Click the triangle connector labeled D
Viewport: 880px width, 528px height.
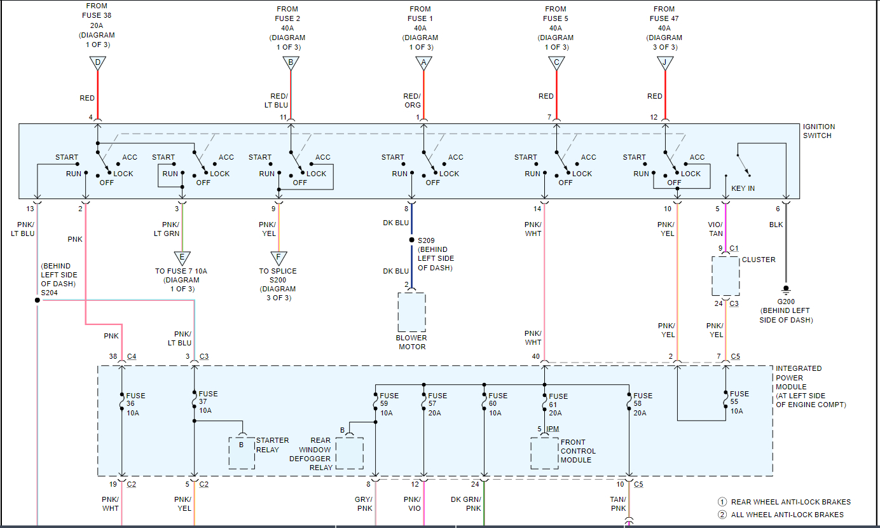pos(97,63)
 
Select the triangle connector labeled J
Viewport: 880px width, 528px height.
pos(665,63)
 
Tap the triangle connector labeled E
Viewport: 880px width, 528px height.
pos(182,258)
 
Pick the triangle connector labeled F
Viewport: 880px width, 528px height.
pos(278,258)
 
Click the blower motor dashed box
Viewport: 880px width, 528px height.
pos(411,312)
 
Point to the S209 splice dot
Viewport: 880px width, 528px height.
pos(411,240)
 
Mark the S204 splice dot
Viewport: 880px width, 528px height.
pos(38,300)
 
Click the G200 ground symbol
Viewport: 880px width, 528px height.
pos(786,289)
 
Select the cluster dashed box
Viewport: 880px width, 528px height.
pos(725,276)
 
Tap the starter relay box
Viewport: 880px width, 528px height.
pos(242,452)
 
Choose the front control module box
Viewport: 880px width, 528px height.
pos(544,452)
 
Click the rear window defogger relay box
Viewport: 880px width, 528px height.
pos(349,452)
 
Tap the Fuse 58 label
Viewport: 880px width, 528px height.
pos(643,400)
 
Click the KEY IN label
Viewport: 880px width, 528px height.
pos(743,188)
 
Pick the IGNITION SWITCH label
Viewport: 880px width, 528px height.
pos(819,131)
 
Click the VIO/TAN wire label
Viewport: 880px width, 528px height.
pos(715,229)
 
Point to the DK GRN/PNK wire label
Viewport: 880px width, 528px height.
pos(466,504)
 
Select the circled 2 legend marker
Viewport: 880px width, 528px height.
pos(722,515)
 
